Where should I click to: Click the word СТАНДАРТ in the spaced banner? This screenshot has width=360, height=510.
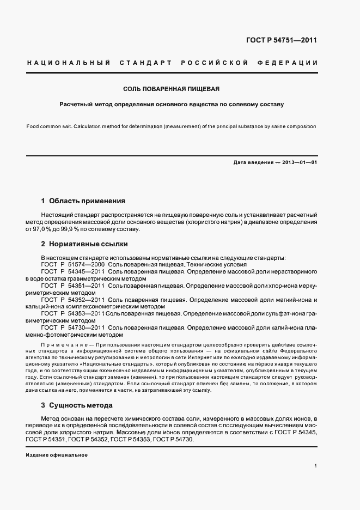(x=144, y=63)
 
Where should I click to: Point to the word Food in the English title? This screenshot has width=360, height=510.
(x=33, y=126)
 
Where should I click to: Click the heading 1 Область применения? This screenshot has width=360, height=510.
(x=83, y=201)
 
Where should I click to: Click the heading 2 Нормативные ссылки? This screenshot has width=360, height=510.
(x=84, y=244)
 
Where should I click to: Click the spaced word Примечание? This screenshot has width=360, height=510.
(x=63, y=346)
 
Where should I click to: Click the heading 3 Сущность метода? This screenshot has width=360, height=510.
(x=77, y=405)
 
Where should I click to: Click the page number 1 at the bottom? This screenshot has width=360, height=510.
(x=316, y=466)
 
